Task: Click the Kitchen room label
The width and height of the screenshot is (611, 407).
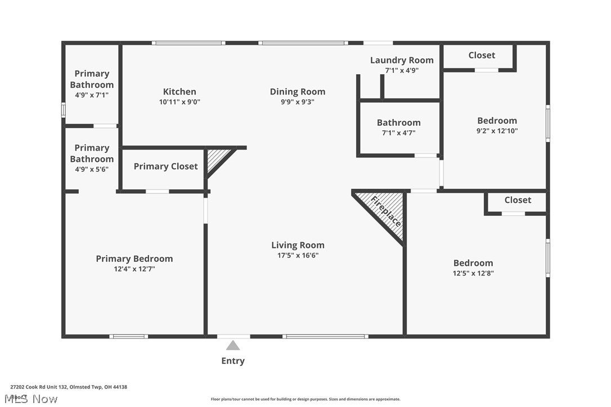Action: pos(179,92)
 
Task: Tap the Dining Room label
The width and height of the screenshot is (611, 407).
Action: pos(297,92)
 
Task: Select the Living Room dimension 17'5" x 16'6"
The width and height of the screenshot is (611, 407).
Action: pos(298,255)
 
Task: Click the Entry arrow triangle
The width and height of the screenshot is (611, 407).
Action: pos(233,345)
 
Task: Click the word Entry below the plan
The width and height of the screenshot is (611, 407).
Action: pos(233,361)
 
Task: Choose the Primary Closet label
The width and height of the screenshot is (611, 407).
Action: pos(165,166)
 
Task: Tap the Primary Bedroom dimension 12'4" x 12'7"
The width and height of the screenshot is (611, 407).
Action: pos(134,269)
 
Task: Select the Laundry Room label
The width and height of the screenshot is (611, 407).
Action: pos(402,60)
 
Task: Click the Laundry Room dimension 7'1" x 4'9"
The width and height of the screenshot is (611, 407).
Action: pos(402,71)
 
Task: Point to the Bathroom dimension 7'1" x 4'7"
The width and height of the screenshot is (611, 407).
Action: pos(398,133)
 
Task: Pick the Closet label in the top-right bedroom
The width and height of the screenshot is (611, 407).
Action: pos(482,55)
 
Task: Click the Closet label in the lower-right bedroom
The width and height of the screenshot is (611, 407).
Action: pos(518,200)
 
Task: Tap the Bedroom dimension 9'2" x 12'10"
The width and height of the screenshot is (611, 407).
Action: pos(497,131)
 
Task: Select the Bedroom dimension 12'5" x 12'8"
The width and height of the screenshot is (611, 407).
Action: pos(473,273)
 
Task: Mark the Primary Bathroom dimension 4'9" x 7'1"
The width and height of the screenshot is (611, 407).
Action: pos(92,96)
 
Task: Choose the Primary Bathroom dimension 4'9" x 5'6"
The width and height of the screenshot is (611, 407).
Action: pos(92,169)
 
